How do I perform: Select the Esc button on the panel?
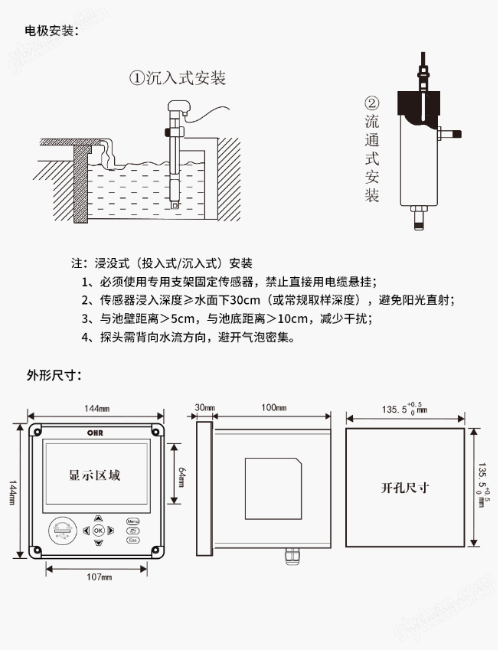pos(133,540)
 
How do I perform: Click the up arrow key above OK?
pos(98,518)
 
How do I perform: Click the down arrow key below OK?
pos(98,543)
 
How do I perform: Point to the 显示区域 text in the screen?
pos(94,475)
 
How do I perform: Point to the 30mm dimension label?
pos(204,407)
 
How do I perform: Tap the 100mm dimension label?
pos(274,407)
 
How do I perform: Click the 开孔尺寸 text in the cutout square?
pos(404,487)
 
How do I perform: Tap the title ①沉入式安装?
pos(177,78)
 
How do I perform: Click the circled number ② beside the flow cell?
pos(371,103)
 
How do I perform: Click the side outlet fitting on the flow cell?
pos(452,133)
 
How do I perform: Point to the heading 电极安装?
pos(51,31)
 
